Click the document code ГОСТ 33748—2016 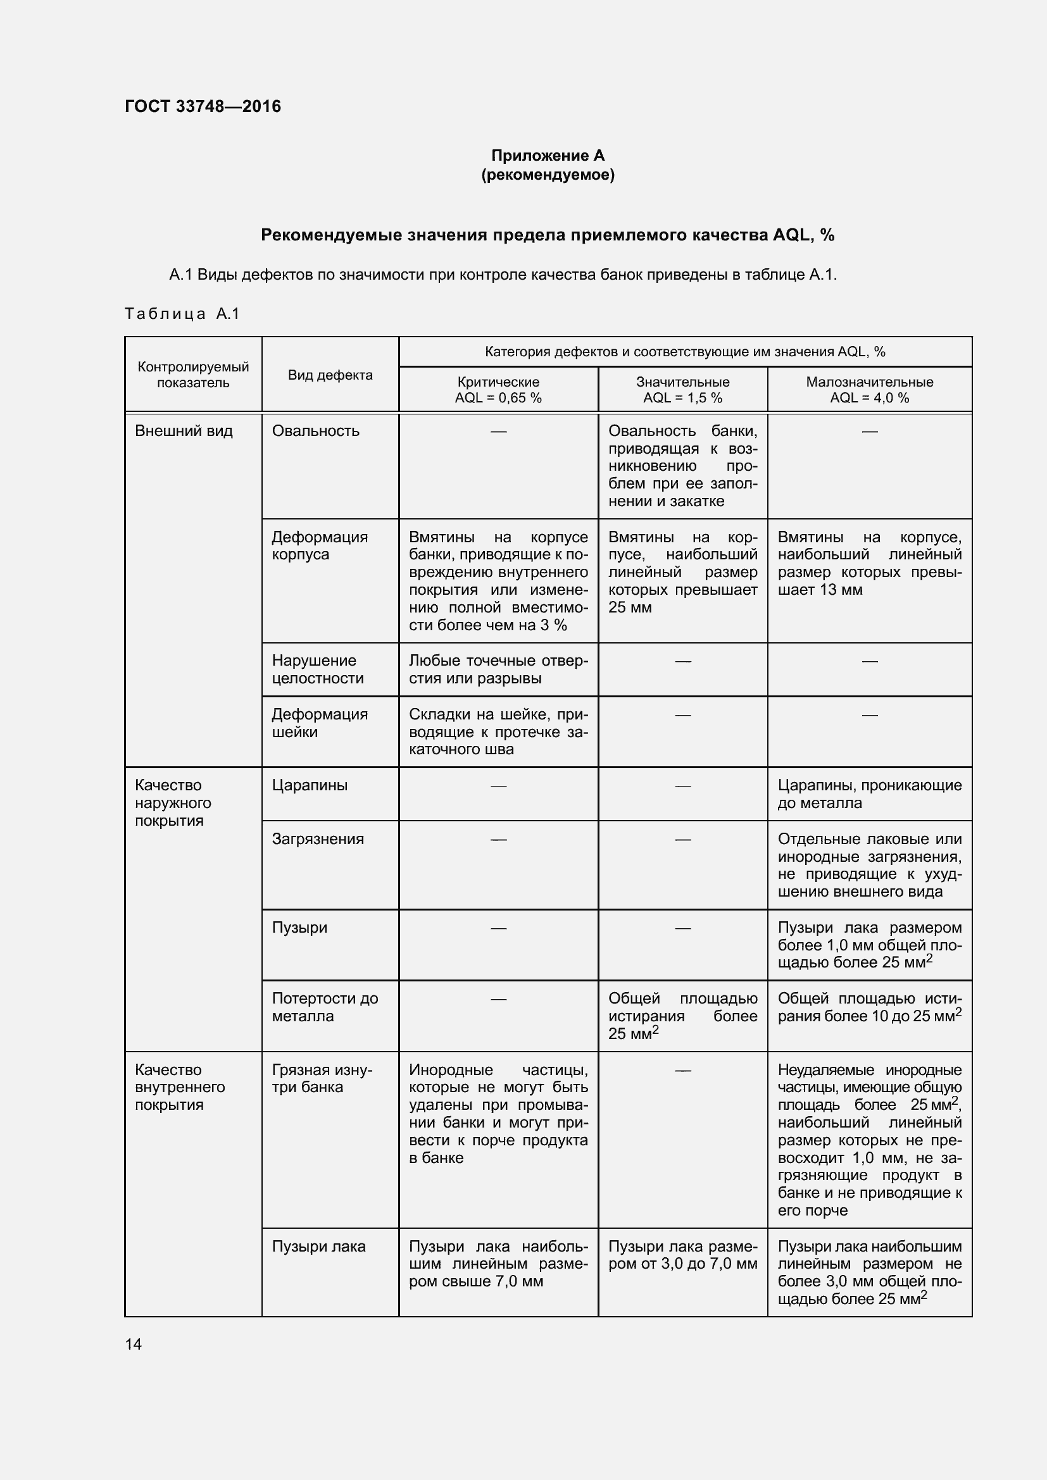(x=203, y=106)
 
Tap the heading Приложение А (x=548, y=156)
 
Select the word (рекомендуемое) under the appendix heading (x=548, y=175)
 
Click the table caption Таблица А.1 (x=182, y=314)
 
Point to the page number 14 (x=134, y=1344)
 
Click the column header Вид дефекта (x=330, y=375)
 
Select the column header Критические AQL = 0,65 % (x=498, y=390)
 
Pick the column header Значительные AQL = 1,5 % (x=682, y=390)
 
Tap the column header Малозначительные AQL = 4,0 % (x=869, y=390)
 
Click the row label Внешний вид (x=184, y=431)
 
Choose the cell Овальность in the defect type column (x=315, y=431)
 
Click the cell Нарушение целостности (x=317, y=669)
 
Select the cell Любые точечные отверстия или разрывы (x=498, y=669)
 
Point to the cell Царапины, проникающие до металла (x=869, y=794)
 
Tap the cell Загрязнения (x=318, y=838)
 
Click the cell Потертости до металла (x=324, y=1007)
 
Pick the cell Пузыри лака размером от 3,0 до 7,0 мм (x=682, y=1255)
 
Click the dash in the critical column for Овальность (x=498, y=431)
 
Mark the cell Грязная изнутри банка (x=322, y=1078)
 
